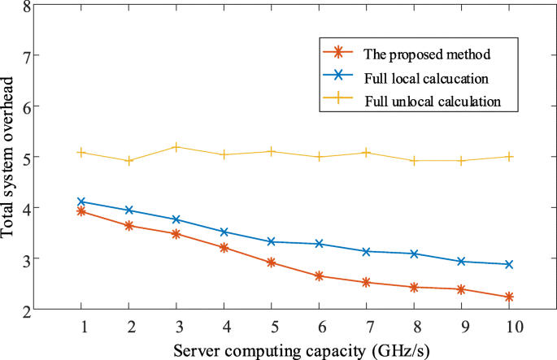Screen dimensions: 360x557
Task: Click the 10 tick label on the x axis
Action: point(509,327)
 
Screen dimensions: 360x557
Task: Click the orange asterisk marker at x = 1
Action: point(81,211)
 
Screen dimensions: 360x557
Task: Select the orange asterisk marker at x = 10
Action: point(509,297)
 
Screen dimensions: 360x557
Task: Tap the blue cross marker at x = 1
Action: point(81,202)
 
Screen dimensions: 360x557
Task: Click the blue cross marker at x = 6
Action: point(319,244)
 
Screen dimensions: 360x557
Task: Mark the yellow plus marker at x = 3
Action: point(176,147)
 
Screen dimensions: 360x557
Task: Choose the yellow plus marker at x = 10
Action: point(509,156)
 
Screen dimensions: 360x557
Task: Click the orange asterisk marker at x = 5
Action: point(272,262)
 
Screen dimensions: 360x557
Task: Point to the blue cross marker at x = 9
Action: point(462,262)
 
